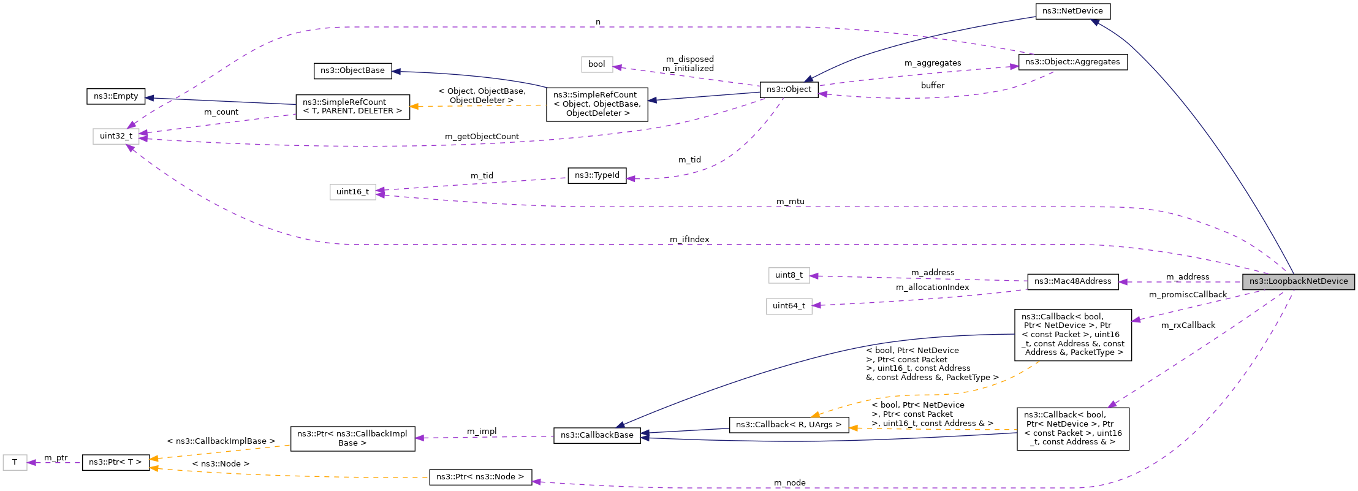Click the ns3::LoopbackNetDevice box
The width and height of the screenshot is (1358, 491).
(x=1299, y=281)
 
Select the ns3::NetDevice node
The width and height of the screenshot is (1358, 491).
(x=1072, y=11)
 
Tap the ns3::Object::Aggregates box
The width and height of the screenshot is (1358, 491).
(x=1072, y=62)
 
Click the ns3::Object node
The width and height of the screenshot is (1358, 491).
(x=789, y=89)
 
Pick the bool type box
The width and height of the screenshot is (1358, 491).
(x=596, y=64)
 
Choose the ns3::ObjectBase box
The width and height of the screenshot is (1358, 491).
(x=352, y=70)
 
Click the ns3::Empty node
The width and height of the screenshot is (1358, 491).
(x=116, y=96)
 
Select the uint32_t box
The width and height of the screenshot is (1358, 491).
(x=116, y=136)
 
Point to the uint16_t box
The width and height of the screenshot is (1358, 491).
(x=352, y=192)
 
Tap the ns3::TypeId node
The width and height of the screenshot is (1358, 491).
(x=597, y=175)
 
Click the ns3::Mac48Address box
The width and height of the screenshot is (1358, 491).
(x=1072, y=281)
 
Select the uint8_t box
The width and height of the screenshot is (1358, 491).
(x=789, y=275)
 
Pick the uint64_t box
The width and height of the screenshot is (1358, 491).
(x=789, y=306)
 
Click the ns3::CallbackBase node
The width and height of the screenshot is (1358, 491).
(x=597, y=435)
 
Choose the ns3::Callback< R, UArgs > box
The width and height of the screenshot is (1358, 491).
(x=788, y=425)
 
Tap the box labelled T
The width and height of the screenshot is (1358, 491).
(x=15, y=462)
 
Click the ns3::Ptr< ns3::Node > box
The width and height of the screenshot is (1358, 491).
(x=480, y=477)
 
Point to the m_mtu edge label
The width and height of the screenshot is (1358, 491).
(x=790, y=202)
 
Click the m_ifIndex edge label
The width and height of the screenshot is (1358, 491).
(x=689, y=240)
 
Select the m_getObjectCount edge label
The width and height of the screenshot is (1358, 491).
(x=482, y=137)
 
